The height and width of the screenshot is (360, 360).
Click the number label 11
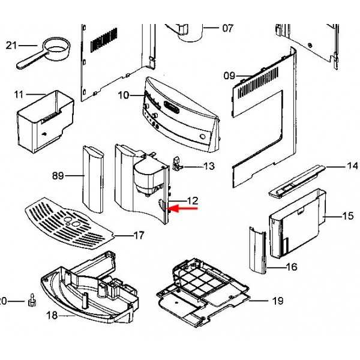click(x=19, y=94)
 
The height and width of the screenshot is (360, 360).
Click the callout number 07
click(x=227, y=28)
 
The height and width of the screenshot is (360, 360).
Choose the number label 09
click(x=230, y=76)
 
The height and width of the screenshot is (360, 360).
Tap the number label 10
click(x=123, y=95)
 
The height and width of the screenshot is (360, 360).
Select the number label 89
click(x=58, y=176)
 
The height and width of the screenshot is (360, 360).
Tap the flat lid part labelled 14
click(x=296, y=180)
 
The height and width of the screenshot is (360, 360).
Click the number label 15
click(x=348, y=215)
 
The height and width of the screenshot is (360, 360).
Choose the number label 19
click(x=277, y=301)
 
